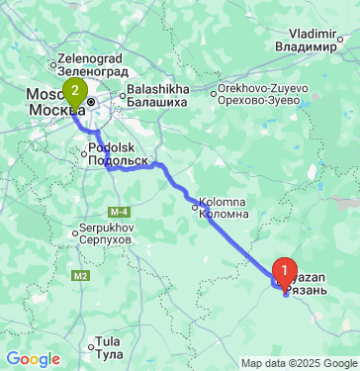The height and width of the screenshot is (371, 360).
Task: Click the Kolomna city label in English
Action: (x=224, y=202)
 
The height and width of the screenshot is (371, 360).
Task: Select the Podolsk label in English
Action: (x=110, y=147)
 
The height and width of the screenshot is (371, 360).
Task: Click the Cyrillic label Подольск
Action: (x=118, y=159)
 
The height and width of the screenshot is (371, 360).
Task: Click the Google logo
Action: (x=32, y=359)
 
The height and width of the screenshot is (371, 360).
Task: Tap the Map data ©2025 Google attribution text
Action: (x=299, y=363)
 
